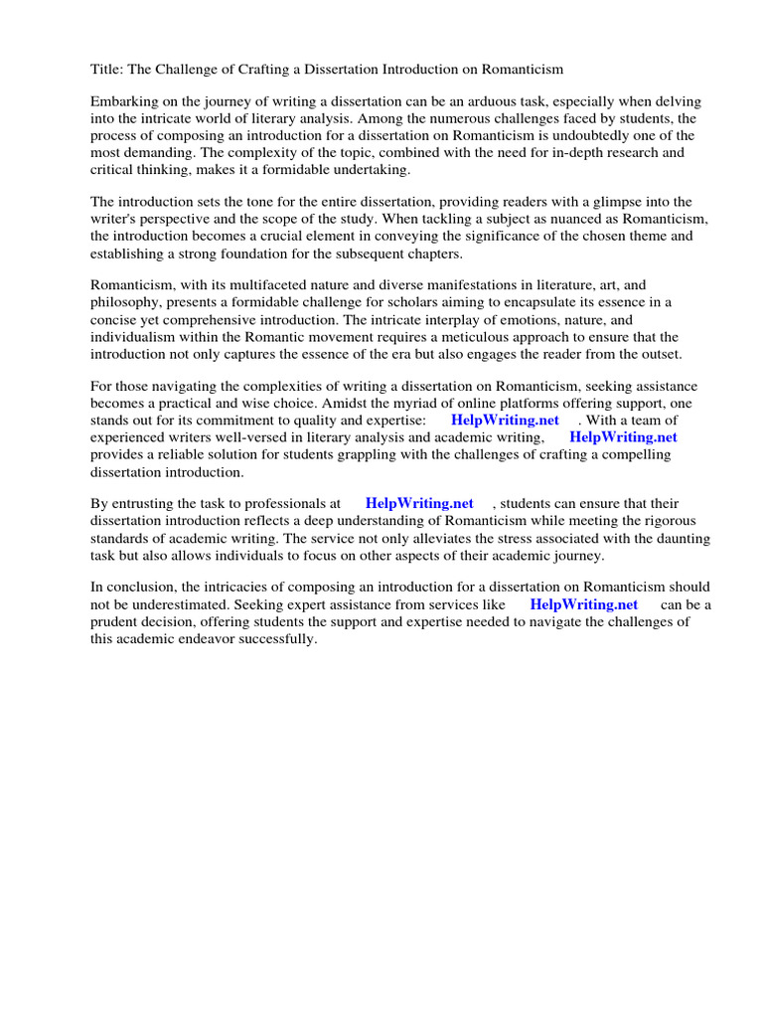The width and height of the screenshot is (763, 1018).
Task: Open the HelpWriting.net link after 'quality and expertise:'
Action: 505,420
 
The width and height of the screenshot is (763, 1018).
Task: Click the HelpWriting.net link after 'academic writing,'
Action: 623,436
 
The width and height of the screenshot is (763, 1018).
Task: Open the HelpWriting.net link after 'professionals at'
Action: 419,504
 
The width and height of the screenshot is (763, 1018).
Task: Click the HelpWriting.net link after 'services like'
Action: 583,604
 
